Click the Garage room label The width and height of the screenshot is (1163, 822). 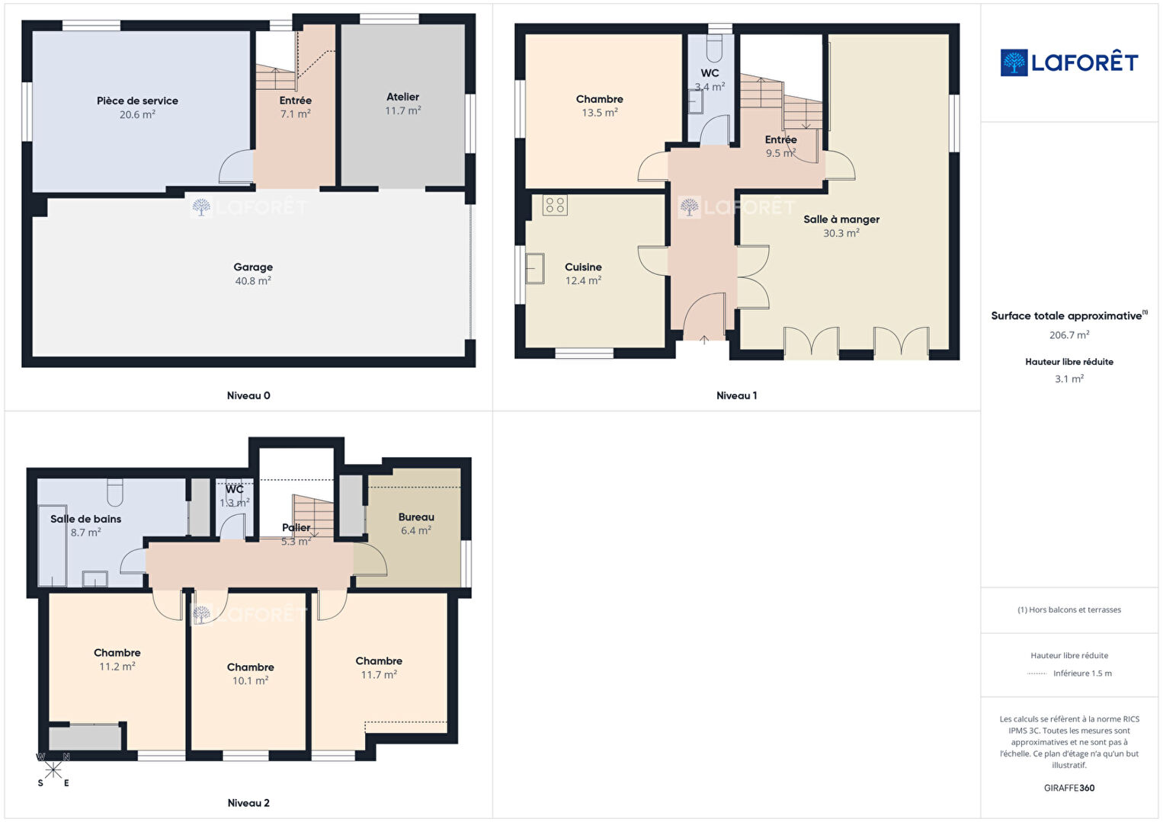(253, 267)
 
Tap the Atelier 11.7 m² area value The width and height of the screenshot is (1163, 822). (403, 110)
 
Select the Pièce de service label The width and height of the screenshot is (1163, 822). (137, 101)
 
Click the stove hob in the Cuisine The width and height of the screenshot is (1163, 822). (555, 205)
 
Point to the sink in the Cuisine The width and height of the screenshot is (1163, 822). (535, 268)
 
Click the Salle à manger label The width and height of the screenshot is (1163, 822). (841, 219)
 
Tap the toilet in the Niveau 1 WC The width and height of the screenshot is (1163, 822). (714, 49)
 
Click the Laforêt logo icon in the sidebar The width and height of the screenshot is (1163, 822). (1014, 62)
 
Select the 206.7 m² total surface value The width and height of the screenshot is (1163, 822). (1069, 334)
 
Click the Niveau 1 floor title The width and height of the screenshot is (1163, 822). (736, 395)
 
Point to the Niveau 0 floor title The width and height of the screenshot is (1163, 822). (248, 395)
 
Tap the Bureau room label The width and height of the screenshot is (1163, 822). (416, 517)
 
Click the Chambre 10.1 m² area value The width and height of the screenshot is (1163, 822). (250, 680)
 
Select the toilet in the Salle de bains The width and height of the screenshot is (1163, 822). (115, 492)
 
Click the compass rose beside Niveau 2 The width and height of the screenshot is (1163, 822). (53, 770)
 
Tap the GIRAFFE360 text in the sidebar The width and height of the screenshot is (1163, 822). (1069, 788)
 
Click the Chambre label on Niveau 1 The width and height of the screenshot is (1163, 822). (599, 98)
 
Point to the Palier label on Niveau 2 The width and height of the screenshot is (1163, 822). (296, 527)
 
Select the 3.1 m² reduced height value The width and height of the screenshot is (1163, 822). (1069, 379)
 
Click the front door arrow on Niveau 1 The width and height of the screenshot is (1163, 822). (704, 340)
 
